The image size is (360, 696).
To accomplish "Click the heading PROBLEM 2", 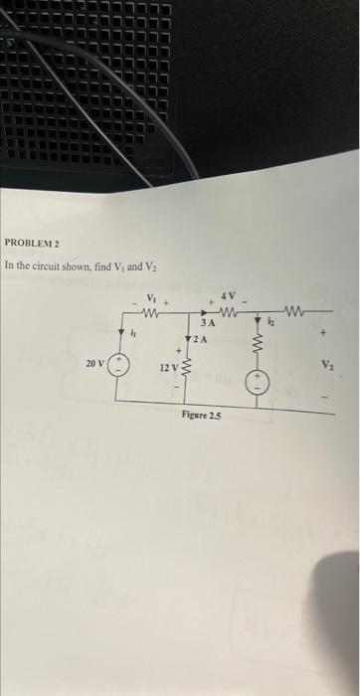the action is point(33,243).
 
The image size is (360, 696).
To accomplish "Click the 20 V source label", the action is point(94,364).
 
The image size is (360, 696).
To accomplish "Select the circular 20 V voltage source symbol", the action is point(116,364).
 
